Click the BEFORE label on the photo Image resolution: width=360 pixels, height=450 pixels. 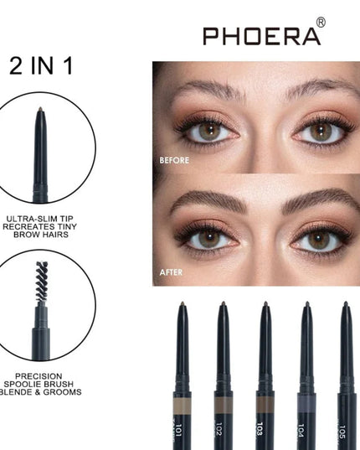point(175,160)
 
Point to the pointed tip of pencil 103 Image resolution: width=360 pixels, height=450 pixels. point(265,305)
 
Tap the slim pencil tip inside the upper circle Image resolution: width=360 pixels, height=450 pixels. point(39,112)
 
